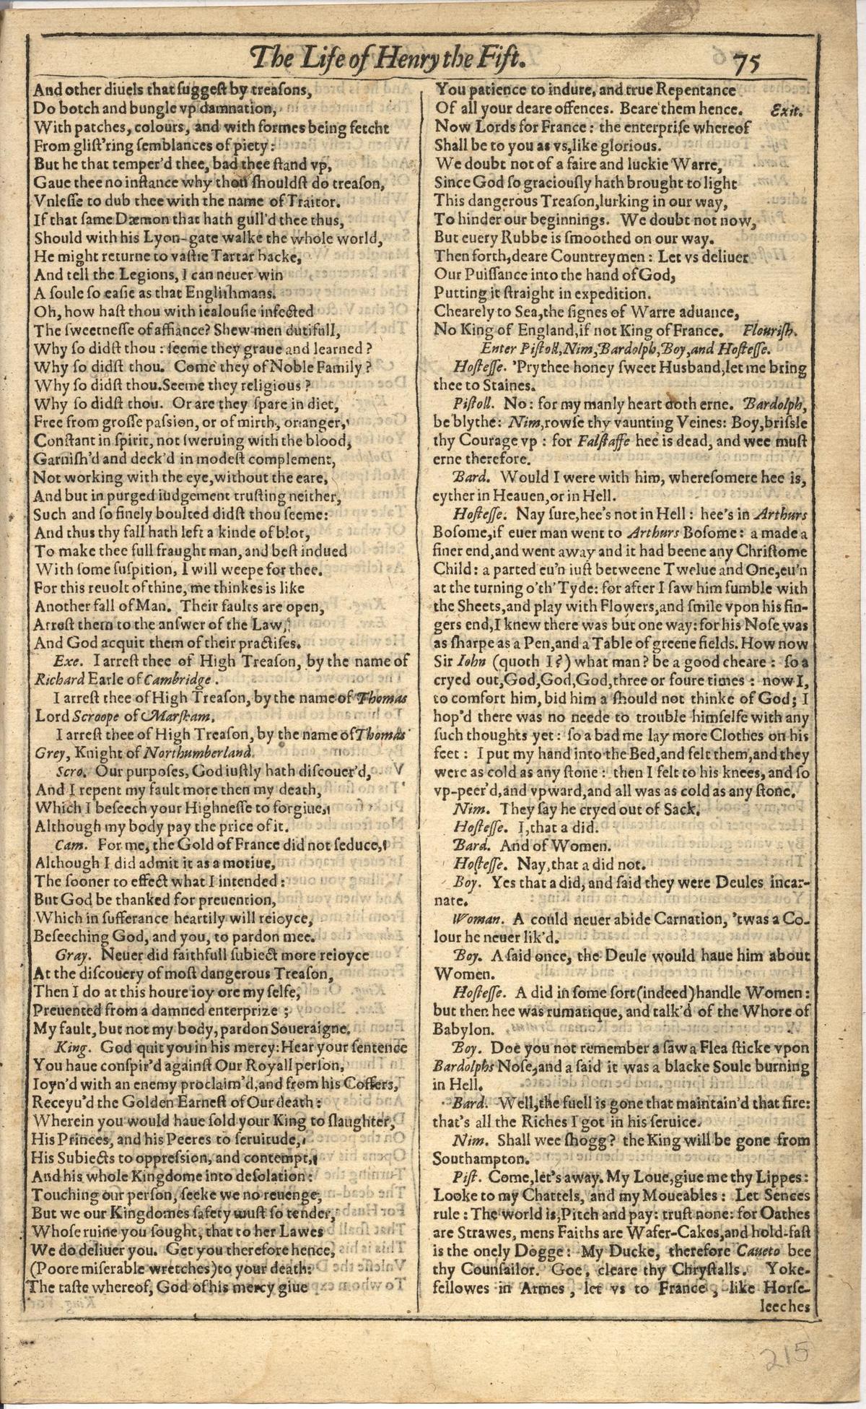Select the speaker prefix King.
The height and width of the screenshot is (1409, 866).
click(71, 1047)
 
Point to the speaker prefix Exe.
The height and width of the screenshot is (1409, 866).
click(67, 659)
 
